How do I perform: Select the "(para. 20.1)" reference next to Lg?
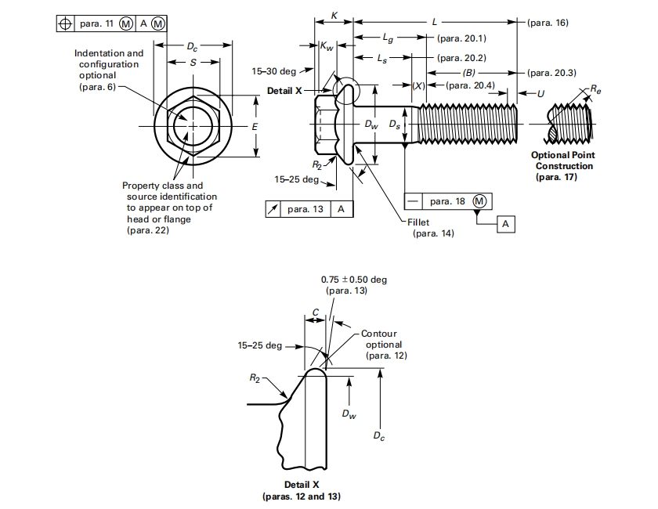pyautogui.click(x=461, y=38)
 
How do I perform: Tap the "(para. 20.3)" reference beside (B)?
pyautogui.click(x=551, y=73)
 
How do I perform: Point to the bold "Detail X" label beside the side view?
pyautogui.click(x=284, y=91)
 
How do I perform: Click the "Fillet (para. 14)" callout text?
pyautogui.click(x=427, y=228)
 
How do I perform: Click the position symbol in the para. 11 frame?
pyautogui.click(x=65, y=23)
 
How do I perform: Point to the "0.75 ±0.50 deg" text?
pyautogui.click(x=354, y=280)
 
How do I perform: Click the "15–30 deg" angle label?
pyautogui.click(x=273, y=71)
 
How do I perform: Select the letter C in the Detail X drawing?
pyautogui.click(x=315, y=312)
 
